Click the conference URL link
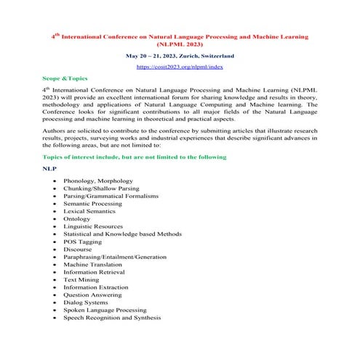(180, 67)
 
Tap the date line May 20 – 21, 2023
(180, 55)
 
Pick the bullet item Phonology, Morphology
(98, 180)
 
